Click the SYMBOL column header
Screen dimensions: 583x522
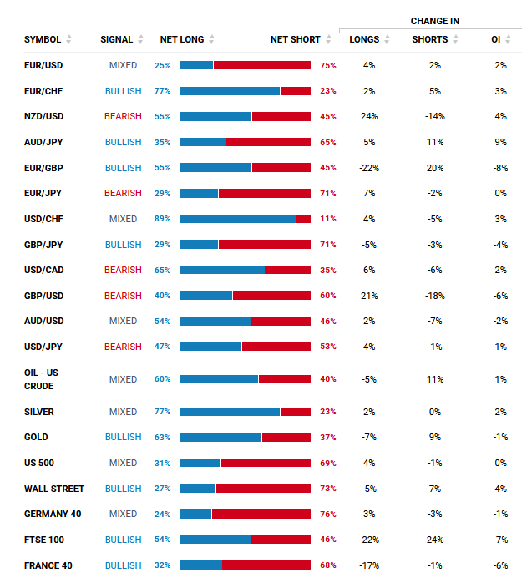43,39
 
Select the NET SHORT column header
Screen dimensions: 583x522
296,39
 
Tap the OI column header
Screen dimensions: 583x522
496,39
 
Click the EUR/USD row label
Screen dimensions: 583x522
43,65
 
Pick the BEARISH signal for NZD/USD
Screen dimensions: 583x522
123,116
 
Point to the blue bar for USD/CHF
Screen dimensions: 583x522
238,219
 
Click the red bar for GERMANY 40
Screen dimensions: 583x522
261,515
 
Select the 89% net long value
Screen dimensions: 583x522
162,219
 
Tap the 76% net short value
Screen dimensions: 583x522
328,515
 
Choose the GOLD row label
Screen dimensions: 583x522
36,437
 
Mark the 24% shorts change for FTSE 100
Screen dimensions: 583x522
435,540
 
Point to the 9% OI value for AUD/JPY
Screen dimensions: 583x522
500,142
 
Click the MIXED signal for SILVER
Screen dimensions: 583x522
123,412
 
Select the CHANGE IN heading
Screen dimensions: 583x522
434,21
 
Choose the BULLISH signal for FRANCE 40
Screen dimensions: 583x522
123,565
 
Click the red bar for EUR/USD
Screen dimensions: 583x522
261,65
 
